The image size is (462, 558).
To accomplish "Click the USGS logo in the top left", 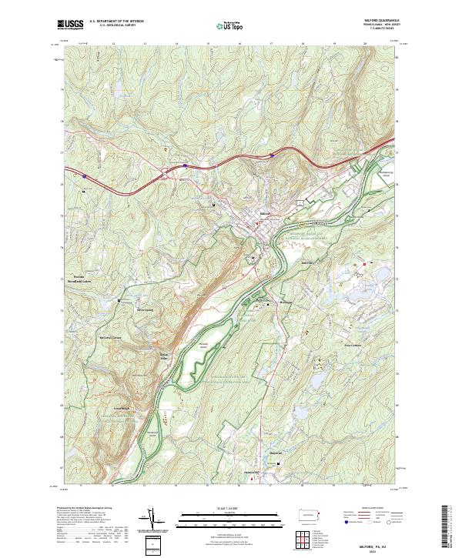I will [x=70, y=25].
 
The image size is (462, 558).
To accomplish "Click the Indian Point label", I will [x=164, y=356].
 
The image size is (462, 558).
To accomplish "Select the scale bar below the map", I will [x=221, y=519].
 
